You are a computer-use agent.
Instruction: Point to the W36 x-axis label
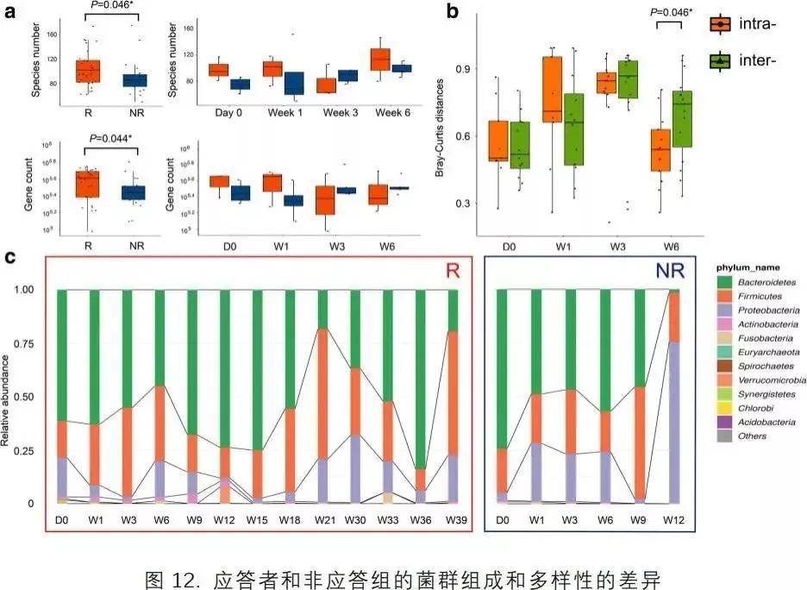click(x=420, y=522)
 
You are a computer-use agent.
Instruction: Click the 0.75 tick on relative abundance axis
click(x=28, y=343)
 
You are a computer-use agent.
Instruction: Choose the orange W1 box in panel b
click(x=552, y=90)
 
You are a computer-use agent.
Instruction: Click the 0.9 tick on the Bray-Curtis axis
click(x=464, y=68)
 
